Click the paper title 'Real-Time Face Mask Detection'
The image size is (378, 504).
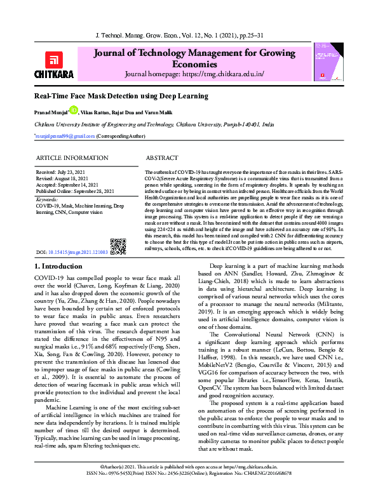pyautogui.click(x=121, y=96)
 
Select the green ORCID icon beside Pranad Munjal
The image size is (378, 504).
pyautogui.click(x=74, y=110)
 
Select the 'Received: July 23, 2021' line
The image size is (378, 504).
pyautogui.click(x=62, y=172)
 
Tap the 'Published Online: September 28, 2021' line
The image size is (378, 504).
pyautogui.click(x=75, y=191)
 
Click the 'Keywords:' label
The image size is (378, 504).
pyautogui.click(x=46, y=200)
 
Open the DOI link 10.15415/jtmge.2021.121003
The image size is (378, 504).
pyautogui.click(x=78, y=234)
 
